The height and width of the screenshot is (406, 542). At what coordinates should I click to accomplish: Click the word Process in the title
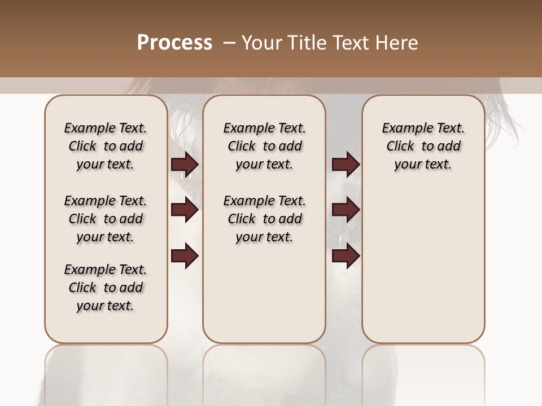(x=174, y=43)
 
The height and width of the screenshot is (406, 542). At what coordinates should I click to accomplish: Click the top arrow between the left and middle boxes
(x=185, y=165)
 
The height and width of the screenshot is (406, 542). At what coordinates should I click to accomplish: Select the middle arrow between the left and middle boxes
(x=185, y=210)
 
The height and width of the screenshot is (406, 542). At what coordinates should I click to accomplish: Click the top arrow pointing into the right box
(x=346, y=165)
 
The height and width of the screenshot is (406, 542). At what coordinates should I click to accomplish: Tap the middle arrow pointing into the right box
(x=346, y=210)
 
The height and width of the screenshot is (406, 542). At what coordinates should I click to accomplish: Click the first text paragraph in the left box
(x=106, y=146)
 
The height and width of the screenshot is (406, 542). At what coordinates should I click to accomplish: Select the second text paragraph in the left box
(x=106, y=219)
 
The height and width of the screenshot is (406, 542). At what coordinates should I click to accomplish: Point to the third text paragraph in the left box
(x=106, y=288)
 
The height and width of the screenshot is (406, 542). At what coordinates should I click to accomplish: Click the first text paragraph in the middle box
(x=264, y=146)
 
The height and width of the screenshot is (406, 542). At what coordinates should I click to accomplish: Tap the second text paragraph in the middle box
(x=264, y=219)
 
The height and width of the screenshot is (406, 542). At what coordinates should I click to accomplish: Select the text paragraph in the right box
(x=423, y=146)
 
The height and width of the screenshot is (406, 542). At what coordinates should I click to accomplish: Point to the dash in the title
(x=229, y=43)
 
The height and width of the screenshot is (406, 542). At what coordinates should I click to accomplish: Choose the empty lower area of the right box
(x=423, y=259)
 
